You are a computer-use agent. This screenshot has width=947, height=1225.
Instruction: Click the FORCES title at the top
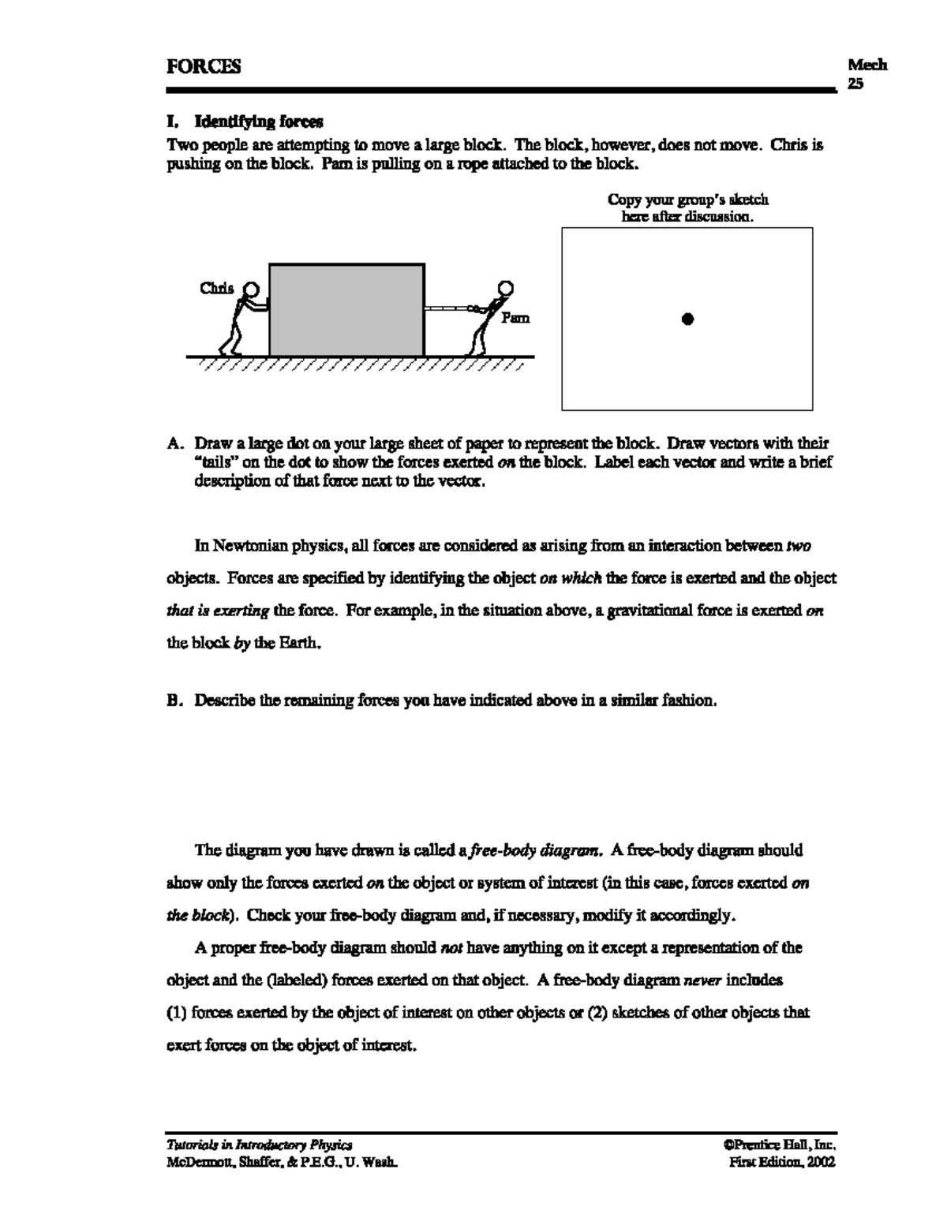[204, 67]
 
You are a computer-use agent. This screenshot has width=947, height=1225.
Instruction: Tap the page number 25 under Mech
[855, 83]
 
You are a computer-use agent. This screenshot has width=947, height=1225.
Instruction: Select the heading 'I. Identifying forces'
[245, 121]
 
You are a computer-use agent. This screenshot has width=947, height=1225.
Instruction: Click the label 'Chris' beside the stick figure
[216, 289]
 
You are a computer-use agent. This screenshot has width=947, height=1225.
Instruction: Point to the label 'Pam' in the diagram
[515, 318]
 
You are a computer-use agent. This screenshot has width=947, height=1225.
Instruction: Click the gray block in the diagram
[346, 310]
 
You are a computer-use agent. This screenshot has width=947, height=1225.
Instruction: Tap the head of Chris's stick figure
[251, 289]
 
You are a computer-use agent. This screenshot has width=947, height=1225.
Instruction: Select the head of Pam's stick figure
[505, 288]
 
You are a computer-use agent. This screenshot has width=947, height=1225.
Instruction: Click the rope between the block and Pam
[447, 308]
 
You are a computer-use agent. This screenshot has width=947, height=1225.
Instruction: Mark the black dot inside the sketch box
[687, 319]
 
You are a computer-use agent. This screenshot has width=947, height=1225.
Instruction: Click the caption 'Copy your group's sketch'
[687, 200]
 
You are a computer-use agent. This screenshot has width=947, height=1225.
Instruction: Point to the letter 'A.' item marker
[175, 444]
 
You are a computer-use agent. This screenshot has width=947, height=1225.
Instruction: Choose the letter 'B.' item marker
[175, 700]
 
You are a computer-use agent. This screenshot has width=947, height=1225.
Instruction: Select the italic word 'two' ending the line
[799, 546]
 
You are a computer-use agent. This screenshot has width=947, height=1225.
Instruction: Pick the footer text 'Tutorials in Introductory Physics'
[259, 1145]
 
